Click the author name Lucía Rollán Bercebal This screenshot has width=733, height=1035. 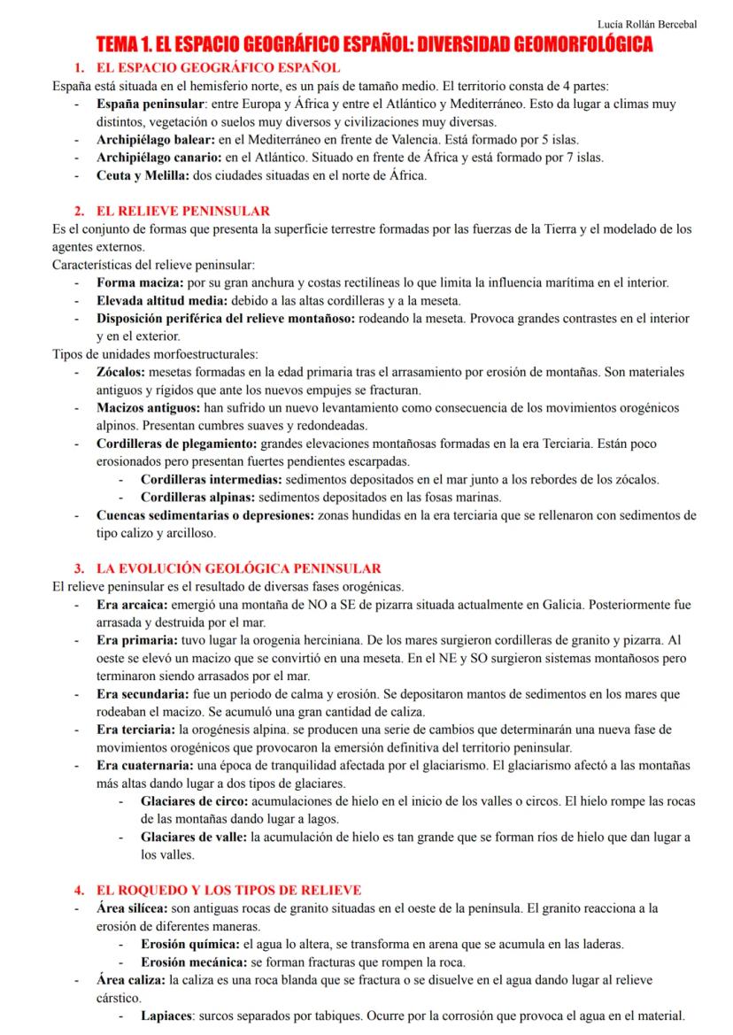click(x=648, y=23)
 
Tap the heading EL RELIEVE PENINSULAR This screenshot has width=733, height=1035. click(x=183, y=211)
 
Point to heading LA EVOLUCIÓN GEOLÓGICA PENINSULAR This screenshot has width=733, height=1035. click(x=239, y=568)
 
